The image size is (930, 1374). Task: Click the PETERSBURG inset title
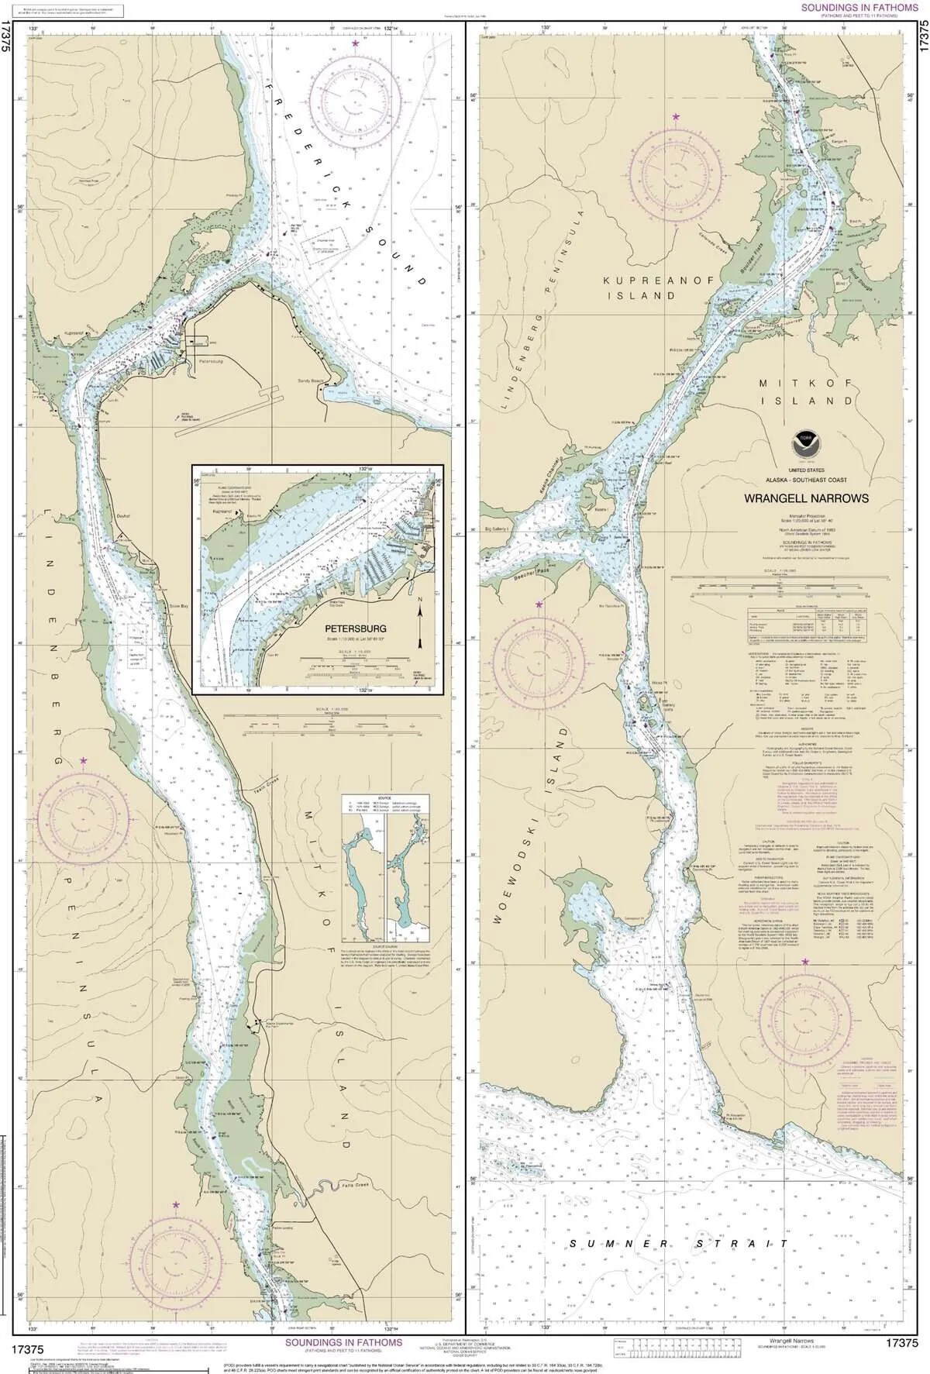(x=355, y=628)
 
